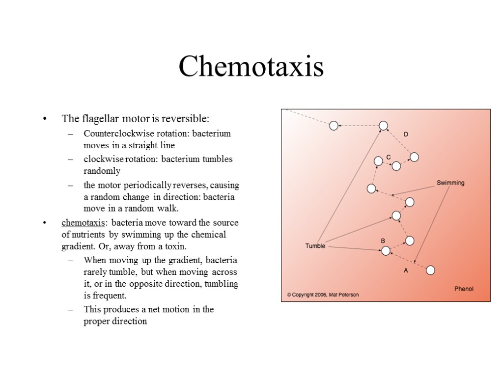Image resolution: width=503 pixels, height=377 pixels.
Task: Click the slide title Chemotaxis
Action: [251, 67]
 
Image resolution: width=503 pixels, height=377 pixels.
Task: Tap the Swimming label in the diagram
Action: [450, 183]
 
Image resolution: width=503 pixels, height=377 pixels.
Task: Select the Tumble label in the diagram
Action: [315, 246]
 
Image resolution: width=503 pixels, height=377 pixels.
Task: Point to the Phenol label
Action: [464, 289]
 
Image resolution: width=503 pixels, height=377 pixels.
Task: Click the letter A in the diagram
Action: [406, 270]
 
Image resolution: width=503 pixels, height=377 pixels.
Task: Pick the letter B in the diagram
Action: [383, 241]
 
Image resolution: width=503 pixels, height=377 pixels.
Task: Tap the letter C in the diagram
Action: [388, 157]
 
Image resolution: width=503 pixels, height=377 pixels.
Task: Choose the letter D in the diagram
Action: [406, 135]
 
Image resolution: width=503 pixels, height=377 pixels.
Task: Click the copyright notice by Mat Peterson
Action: [323, 295]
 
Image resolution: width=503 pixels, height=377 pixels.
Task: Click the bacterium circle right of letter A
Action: [430, 270]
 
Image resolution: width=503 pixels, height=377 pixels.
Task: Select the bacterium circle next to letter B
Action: [386, 251]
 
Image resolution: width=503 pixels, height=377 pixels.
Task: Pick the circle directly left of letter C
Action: [378, 161]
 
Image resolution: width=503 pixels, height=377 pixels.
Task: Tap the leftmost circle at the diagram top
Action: [334, 126]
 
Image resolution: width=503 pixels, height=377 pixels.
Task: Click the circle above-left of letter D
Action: [384, 126]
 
